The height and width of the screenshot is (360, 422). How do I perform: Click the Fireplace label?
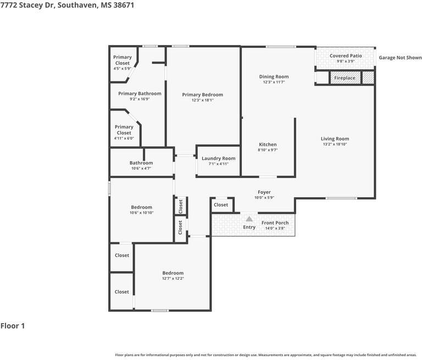(x=345, y=78)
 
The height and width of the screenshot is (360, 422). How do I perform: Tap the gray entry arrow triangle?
(x=249, y=219)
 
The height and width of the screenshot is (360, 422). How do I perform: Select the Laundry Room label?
(x=219, y=158)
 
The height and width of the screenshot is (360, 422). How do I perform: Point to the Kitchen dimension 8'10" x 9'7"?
(x=268, y=150)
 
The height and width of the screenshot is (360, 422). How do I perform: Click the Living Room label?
(x=335, y=139)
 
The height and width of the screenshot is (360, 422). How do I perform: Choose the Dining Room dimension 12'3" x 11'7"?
(x=274, y=82)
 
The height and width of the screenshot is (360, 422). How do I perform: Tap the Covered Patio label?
(x=346, y=56)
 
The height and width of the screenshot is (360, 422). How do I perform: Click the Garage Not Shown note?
(x=400, y=57)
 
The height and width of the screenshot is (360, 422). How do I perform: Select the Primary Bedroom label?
(x=202, y=95)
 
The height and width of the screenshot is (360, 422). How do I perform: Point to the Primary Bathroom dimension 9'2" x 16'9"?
(x=140, y=99)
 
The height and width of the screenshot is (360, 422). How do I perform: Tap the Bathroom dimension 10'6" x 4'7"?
(x=141, y=169)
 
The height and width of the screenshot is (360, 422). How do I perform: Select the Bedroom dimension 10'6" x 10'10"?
(x=142, y=213)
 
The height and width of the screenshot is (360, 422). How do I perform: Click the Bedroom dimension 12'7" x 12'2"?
(x=173, y=279)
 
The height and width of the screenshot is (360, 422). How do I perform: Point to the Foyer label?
(x=264, y=192)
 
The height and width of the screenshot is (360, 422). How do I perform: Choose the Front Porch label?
(x=275, y=223)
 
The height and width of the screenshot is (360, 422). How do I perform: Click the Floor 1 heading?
(x=13, y=326)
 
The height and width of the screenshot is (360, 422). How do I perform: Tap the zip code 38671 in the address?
(x=124, y=5)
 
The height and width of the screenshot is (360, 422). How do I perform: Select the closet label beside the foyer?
(x=221, y=204)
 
